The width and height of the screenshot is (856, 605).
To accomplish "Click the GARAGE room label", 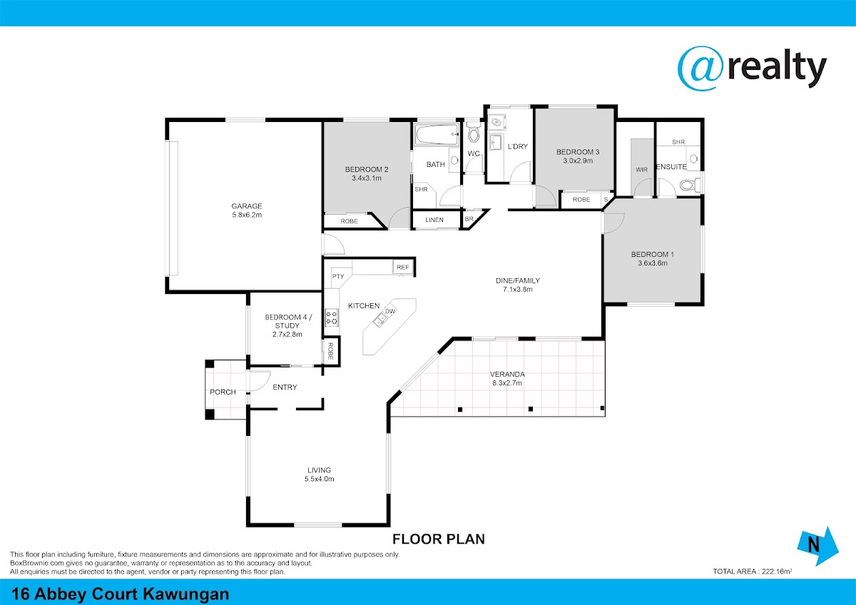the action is [247, 206].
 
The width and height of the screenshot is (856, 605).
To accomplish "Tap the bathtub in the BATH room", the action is [437, 134].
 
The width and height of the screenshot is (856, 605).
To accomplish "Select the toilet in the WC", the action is [474, 131].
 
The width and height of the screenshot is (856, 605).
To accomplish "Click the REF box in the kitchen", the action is [403, 267].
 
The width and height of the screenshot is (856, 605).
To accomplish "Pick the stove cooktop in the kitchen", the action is [331, 317].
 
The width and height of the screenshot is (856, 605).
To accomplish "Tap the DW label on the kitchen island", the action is [389, 311].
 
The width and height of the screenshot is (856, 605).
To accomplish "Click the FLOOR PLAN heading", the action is [439, 539].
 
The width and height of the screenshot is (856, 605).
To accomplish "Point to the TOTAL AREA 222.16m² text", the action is [752, 571].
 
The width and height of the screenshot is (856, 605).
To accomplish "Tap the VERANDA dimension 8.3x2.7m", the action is [507, 383].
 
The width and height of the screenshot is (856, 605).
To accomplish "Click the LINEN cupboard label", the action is [434, 220].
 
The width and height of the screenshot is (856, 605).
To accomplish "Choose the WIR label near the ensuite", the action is [641, 169].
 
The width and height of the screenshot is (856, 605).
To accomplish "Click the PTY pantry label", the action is [338, 276].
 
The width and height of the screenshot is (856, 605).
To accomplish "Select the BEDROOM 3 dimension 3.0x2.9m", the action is [578, 161].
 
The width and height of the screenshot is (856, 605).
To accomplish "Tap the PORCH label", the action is [223, 392].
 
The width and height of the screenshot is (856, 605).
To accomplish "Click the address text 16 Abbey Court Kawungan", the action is [121, 594].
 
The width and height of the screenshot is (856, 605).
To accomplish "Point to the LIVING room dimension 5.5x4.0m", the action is [319, 479].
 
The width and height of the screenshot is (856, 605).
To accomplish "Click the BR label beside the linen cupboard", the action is [469, 219].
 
